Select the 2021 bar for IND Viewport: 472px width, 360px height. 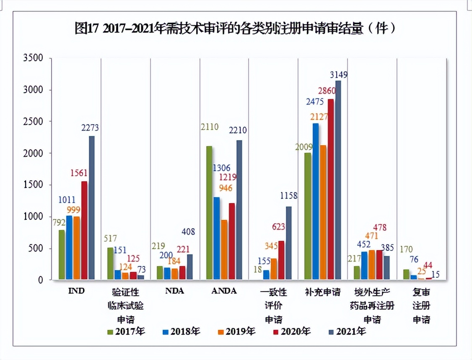point(91,208)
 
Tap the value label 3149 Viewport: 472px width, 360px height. point(339,75)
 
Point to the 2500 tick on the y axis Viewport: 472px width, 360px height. point(34,122)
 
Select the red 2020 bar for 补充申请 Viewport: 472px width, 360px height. point(331,189)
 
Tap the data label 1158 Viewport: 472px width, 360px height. point(288,196)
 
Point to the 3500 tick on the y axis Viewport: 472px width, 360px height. point(34,58)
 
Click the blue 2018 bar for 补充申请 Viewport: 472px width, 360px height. point(316,201)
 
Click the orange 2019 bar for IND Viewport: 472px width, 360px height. point(77,248)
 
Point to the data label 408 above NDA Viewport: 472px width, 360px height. point(187,232)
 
